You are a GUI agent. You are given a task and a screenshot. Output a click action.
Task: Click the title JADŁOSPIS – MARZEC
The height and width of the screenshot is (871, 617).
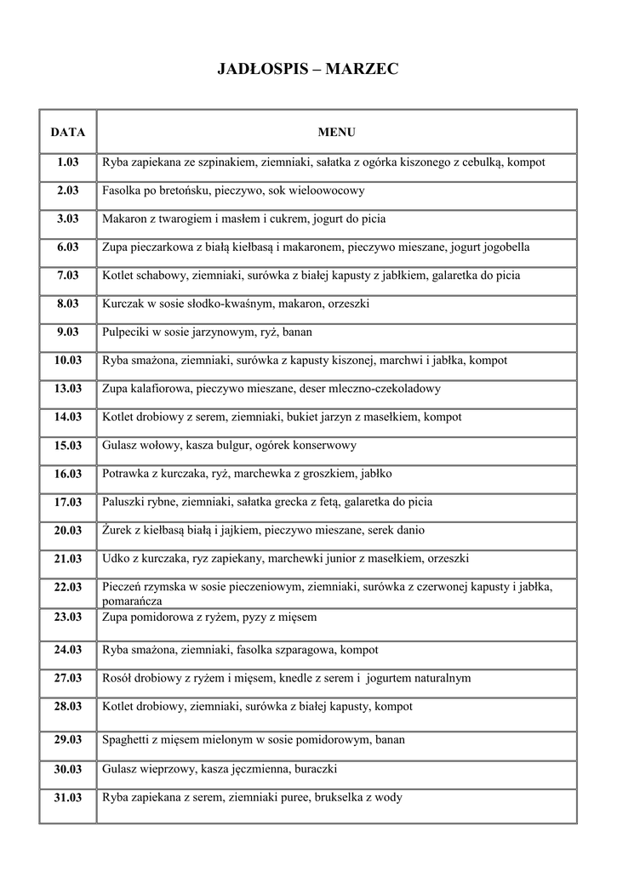point(308,70)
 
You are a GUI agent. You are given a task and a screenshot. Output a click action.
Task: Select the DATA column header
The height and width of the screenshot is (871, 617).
point(68,133)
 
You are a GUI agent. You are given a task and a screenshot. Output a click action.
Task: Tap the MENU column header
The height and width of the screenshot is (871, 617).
point(336,133)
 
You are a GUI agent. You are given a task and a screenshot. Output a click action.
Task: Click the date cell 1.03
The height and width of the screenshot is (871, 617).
point(68,162)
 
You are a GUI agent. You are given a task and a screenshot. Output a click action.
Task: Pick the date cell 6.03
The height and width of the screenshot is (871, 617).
point(68,248)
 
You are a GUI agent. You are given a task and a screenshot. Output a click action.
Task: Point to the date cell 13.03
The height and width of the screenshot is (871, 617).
point(68,389)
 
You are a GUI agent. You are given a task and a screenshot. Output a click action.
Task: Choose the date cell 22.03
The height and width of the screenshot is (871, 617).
point(68,587)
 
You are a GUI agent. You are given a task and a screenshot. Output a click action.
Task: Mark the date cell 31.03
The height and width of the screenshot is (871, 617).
point(68,798)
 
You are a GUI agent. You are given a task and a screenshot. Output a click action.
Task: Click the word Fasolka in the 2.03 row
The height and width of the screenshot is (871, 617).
point(122,191)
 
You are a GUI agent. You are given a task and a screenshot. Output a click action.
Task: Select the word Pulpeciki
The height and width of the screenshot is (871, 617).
point(127,333)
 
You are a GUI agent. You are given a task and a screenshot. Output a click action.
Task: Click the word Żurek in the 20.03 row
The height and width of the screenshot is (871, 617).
point(117,530)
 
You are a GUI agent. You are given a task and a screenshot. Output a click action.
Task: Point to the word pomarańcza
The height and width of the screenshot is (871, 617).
point(132,600)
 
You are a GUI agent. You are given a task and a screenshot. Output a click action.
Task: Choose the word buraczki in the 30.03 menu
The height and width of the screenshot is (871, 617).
point(316,769)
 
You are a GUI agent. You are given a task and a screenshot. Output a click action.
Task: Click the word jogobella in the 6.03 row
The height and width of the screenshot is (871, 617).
point(504,248)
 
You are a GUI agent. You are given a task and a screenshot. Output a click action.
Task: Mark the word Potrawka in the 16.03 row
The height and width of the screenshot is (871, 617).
point(126,474)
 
